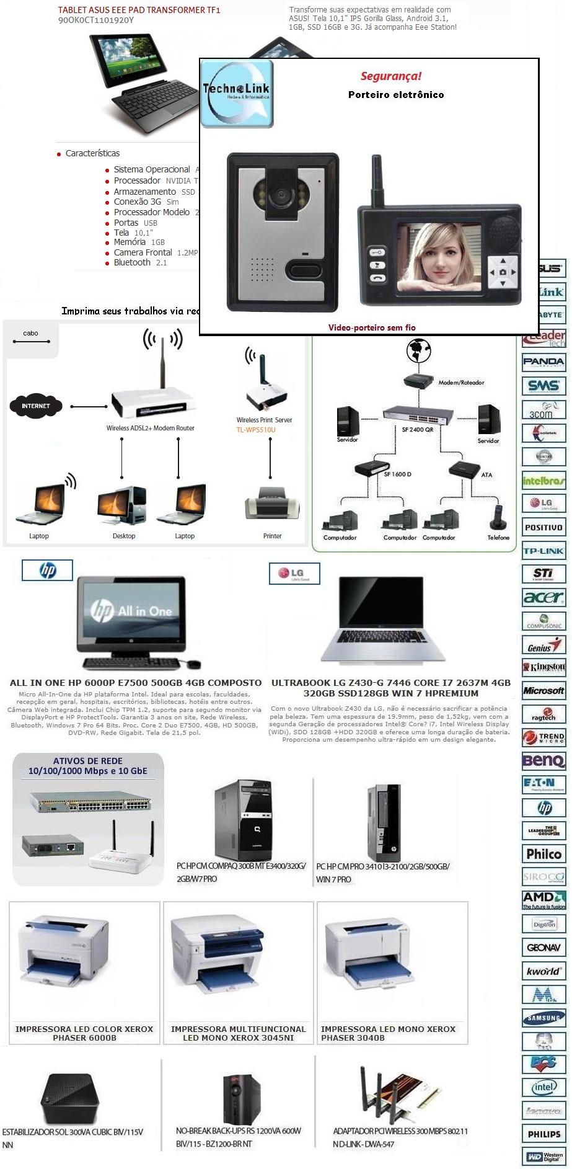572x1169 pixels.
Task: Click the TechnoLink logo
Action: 236,94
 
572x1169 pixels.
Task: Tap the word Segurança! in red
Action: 390,76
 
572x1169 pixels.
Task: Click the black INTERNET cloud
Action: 36,406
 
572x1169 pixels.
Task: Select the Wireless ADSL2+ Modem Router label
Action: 151,428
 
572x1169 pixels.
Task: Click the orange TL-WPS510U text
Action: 256,430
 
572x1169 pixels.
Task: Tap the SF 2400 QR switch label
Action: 417,429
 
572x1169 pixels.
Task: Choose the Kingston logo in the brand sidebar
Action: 544,667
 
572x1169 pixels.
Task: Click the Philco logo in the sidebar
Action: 543,854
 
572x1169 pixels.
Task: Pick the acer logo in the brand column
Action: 543,597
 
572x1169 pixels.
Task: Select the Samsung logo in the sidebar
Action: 543,1018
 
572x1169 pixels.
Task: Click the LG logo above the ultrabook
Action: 294,573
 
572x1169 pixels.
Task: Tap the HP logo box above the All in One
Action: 47,570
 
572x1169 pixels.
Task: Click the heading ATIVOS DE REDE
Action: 87,761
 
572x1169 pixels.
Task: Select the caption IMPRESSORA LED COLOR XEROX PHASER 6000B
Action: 84,1033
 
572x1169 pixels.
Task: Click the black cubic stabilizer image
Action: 69,1098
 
